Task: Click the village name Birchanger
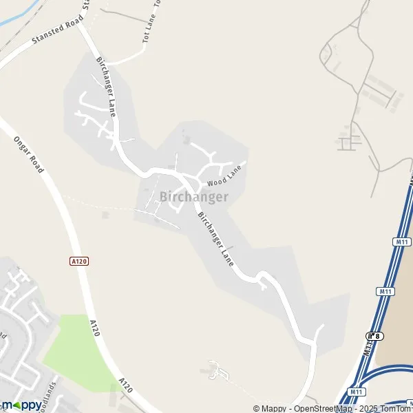coord(194,197)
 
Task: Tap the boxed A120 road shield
coord(79,261)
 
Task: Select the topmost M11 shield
coord(403,242)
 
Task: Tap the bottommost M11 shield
coord(356,392)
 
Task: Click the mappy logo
coord(21,405)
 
